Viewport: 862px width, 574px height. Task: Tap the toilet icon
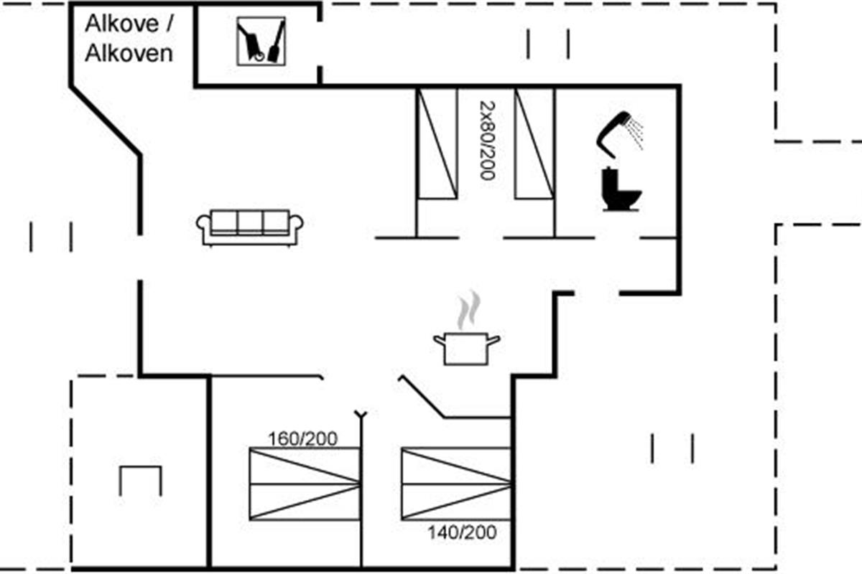point(621,190)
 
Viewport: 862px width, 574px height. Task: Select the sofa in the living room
point(250,227)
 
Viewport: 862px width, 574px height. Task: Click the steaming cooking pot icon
point(466,347)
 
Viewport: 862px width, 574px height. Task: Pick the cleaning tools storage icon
point(261,42)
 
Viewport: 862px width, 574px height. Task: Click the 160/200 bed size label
point(302,438)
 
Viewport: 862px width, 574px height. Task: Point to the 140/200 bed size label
point(462,532)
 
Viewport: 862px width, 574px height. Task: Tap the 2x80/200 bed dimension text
point(486,139)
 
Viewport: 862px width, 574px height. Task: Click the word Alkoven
point(129,54)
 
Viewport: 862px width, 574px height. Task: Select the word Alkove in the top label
point(121,24)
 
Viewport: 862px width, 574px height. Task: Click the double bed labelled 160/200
point(304,484)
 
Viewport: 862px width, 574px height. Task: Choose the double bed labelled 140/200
point(456,483)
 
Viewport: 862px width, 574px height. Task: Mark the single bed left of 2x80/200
point(437,143)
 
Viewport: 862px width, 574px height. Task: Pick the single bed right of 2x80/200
point(534,143)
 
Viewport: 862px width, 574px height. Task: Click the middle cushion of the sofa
point(250,222)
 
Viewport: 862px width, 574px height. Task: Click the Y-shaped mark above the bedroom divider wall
point(361,415)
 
